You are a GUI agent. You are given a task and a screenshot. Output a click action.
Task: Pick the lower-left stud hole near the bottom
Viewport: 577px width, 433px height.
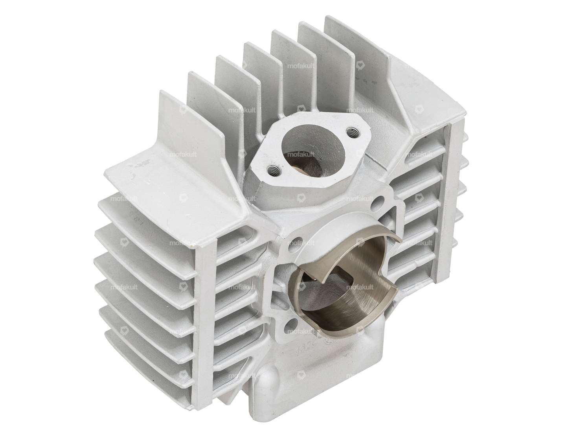(290, 323)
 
